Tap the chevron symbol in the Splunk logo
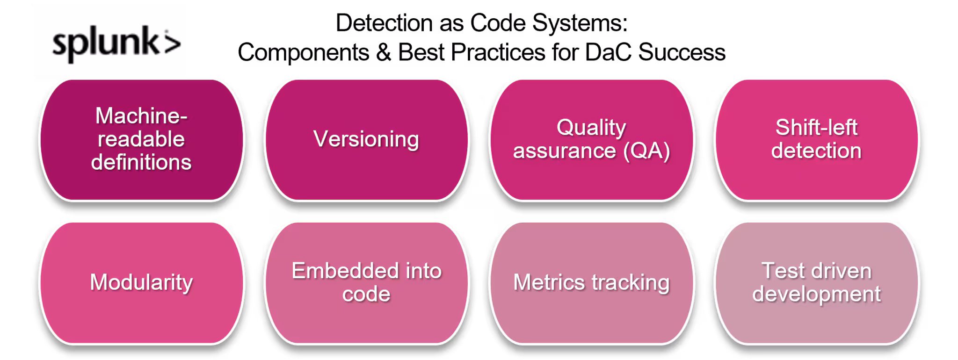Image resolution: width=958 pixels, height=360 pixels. click(171, 43)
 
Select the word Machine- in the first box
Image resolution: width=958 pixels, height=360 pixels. click(141, 115)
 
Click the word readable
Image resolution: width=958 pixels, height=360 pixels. click(141, 139)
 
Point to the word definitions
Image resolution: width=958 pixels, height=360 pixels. click(141, 162)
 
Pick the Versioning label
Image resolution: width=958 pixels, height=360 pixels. click(366, 139)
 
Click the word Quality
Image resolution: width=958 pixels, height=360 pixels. click(591, 127)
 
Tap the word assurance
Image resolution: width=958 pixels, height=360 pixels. click(565, 151)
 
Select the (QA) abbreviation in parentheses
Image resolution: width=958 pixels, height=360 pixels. click(647, 151)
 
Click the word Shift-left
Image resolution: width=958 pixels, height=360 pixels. click(816, 127)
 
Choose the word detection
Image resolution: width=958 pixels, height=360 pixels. click(816, 151)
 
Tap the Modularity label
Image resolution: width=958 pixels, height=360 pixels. click(141, 282)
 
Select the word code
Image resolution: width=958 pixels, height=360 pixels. click(366, 294)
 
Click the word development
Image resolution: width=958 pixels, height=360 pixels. click(816, 294)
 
